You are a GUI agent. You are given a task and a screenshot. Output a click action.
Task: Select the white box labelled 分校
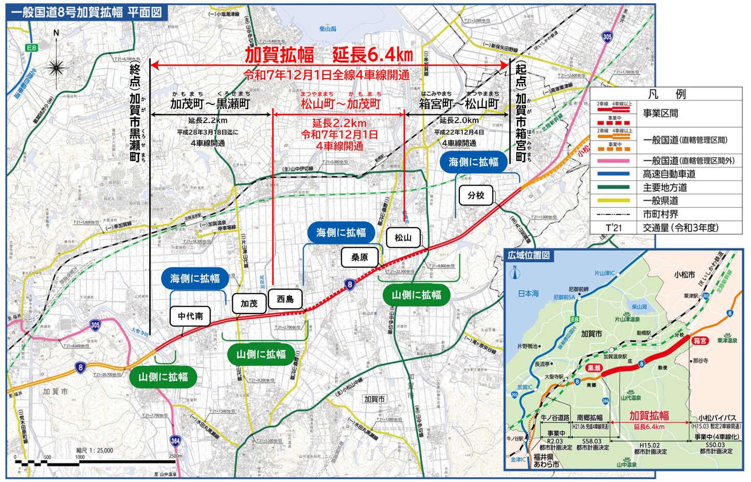(476, 195)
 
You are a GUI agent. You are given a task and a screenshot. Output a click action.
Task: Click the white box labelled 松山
(403, 238)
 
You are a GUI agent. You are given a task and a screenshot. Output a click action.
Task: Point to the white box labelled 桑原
(359, 257)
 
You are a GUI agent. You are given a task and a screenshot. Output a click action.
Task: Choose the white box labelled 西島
(285, 299)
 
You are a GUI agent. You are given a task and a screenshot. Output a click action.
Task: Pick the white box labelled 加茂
(249, 304)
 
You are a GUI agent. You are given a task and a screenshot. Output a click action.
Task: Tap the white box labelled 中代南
(190, 316)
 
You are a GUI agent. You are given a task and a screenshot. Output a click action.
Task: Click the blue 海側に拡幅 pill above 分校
(473, 162)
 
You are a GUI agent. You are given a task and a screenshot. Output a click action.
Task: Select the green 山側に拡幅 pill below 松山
(416, 295)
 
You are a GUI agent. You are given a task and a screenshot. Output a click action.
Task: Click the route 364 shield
(175, 441)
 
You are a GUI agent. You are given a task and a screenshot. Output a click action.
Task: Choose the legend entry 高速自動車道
(669, 174)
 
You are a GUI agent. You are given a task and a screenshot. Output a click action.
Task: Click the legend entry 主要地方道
(665, 187)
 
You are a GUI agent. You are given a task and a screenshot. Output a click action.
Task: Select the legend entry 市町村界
(660, 214)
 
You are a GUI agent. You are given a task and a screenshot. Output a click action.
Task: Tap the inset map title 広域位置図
(529, 255)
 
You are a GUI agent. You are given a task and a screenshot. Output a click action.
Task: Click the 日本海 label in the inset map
(528, 293)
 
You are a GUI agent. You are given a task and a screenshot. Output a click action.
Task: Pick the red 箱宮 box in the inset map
(700, 341)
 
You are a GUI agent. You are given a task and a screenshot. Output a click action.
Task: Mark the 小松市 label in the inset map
(684, 275)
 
